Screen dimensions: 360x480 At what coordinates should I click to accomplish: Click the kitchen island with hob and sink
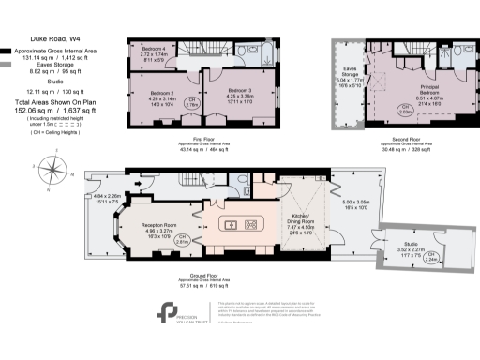pos(239,224)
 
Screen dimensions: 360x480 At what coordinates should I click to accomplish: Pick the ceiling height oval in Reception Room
pos(183,239)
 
